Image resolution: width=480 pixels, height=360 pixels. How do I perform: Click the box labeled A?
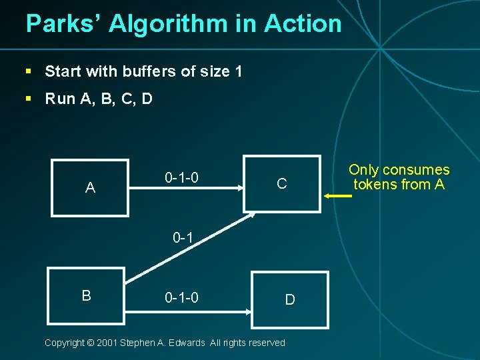[x=90, y=187]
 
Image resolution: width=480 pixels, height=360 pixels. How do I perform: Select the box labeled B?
[x=86, y=295]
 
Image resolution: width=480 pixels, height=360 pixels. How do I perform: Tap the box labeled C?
[x=282, y=183]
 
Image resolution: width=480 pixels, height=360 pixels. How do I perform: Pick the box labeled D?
[x=290, y=299]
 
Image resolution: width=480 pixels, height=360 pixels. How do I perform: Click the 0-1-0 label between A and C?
[x=181, y=178]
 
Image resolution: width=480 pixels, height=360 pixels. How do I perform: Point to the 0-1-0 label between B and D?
[x=181, y=297]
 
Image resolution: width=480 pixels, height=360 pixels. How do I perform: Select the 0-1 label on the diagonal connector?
[x=183, y=237]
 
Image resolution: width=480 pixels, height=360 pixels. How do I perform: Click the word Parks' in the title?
[x=63, y=24]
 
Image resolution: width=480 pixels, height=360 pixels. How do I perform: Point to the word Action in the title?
[x=303, y=24]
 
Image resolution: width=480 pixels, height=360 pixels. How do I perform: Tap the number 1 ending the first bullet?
[x=239, y=71]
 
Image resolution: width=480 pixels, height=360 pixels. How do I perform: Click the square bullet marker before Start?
[x=29, y=71]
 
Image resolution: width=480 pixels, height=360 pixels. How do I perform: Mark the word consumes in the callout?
[x=417, y=170]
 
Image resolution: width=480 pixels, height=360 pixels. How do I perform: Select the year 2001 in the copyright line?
[x=107, y=343]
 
